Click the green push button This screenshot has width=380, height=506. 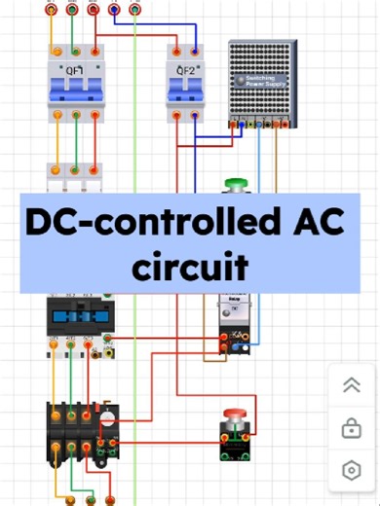click(x=235, y=184)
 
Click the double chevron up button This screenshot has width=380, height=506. click(x=352, y=385)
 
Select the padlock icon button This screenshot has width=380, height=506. click(x=352, y=427)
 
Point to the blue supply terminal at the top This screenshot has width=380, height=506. click(x=115, y=10)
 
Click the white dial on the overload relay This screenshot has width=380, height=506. click(x=109, y=420)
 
